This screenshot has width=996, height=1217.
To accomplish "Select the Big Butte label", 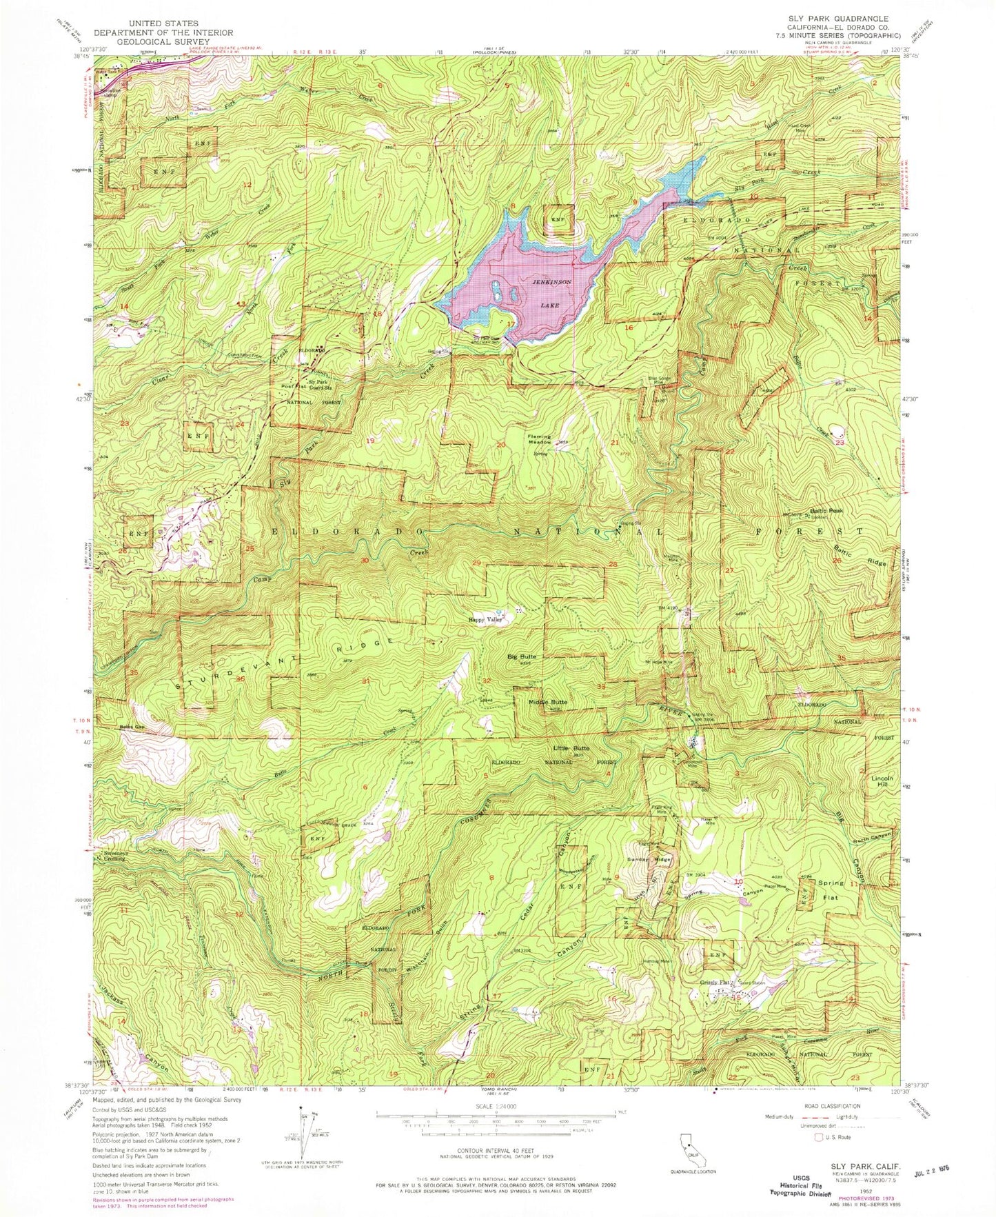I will [x=522, y=656].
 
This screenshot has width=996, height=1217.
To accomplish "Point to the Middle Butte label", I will [x=548, y=702].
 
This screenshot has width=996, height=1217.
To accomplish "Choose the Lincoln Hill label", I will [x=877, y=780].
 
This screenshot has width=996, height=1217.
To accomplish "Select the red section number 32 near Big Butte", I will [x=487, y=681].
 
